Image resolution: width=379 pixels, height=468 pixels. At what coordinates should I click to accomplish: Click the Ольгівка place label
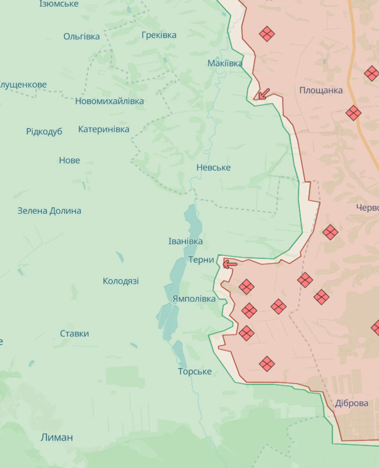(82, 37)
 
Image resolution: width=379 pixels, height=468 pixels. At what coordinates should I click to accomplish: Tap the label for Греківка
(159, 35)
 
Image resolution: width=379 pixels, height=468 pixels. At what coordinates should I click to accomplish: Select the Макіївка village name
(225, 63)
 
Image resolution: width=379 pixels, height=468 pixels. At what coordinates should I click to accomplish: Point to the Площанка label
(321, 90)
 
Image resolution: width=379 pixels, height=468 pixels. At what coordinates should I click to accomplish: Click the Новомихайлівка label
(110, 101)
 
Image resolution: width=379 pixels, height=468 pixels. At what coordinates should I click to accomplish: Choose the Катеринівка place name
(104, 129)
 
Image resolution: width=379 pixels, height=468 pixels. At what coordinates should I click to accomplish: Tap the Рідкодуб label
(44, 131)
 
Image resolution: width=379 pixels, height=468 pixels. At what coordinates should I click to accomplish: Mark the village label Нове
(69, 160)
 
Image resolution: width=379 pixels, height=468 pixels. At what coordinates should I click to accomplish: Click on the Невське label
(213, 167)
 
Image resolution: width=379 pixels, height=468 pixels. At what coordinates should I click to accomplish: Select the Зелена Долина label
(49, 211)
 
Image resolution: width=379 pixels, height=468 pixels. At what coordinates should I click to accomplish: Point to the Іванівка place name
(185, 241)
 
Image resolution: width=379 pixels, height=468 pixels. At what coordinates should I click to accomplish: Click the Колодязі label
(121, 281)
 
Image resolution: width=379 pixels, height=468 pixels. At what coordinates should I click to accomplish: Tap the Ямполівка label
(194, 299)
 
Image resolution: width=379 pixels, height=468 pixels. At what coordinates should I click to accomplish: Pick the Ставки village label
(74, 333)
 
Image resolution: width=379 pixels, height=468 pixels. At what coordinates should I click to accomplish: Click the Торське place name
(195, 371)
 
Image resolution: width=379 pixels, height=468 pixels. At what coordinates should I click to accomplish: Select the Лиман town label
(56, 437)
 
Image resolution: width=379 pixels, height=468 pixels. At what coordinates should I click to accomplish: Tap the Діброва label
(352, 403)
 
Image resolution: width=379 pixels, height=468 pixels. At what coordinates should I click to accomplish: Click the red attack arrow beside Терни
(230, 264)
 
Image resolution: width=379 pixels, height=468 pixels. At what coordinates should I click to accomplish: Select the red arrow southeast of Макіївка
(263, 94)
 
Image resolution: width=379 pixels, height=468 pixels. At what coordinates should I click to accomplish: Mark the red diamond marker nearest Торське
(267, 364)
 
